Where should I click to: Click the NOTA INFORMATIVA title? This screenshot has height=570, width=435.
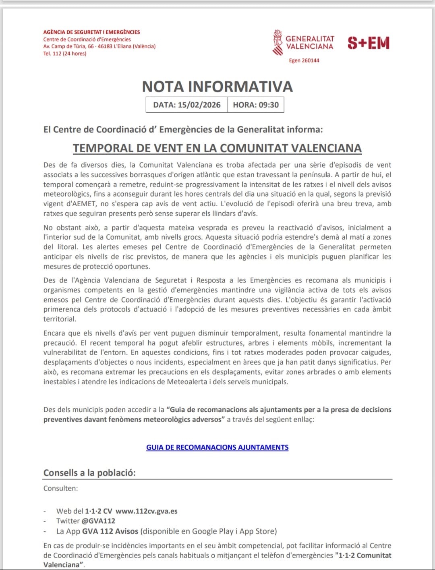(x=217, y=87)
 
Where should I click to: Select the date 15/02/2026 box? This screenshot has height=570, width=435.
(x=187, y=105)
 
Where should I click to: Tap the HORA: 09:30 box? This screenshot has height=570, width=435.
(x=256, y=105)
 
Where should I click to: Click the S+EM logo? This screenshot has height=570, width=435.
(x=369, y=43)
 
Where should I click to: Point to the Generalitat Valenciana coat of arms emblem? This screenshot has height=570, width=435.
(x=278, y=42)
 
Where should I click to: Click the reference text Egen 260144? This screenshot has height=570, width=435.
(x=304, y=60)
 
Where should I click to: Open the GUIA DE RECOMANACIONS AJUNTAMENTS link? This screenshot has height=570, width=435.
(x=217, y=447)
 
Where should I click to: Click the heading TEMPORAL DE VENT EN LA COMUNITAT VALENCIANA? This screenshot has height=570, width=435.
(x=217, y=148)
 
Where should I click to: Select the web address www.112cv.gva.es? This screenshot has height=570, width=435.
(x=147, y=511)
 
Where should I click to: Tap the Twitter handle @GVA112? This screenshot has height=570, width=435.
(x=99, y=521)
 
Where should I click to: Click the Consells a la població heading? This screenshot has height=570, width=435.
(x=89, y=473)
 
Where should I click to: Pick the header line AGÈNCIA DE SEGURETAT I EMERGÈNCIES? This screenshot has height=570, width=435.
(x=92, y=32)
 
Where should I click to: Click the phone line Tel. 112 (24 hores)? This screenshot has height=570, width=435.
(x=65, y=54)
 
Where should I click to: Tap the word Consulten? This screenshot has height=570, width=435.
(x=61, y=488)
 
